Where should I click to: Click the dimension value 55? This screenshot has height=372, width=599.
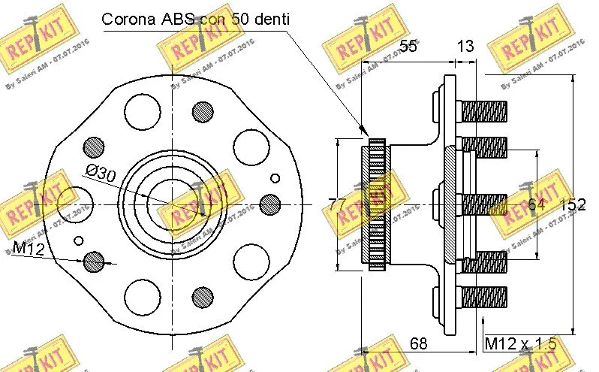coord(408,47)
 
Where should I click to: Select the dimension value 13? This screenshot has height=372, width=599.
coord(465,47)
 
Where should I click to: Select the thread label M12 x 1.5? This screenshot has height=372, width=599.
coord(519,343)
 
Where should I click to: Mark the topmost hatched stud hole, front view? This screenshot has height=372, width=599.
coord(203,112)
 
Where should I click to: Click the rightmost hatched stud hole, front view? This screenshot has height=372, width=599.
coord(269,204)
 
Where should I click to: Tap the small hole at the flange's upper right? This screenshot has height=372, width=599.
coord(275,177)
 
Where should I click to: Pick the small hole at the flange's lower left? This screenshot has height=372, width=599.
coord(80,240)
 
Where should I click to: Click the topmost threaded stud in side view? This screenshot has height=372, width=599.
coord(483,112)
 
